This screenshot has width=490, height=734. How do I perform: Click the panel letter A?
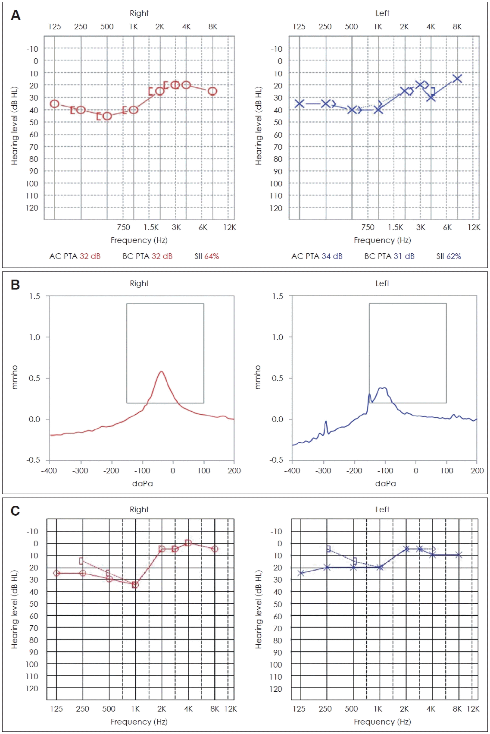(16, 16)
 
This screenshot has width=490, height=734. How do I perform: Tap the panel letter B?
(15, 285)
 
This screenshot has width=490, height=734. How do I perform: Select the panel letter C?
(15, 511)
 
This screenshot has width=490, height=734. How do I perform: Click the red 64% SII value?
(212, 256)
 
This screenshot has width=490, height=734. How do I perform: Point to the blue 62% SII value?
(454, 256)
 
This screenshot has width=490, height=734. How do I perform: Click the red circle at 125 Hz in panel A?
(54, 104)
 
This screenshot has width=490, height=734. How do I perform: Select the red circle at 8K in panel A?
(212, 91)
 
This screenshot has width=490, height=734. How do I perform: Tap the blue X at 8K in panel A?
(457, 79)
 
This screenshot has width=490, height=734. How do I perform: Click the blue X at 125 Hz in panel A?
(299, 104)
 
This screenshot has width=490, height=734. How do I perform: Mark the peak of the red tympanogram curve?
(161, 372)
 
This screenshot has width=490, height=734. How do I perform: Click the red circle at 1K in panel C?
(135, 585)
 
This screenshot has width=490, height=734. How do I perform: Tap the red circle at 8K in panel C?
(215, 549)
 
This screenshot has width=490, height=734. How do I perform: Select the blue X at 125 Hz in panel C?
(301, 573)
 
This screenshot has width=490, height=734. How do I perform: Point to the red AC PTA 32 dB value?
(90, 256)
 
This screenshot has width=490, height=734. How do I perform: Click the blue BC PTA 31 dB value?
(404, 256)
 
